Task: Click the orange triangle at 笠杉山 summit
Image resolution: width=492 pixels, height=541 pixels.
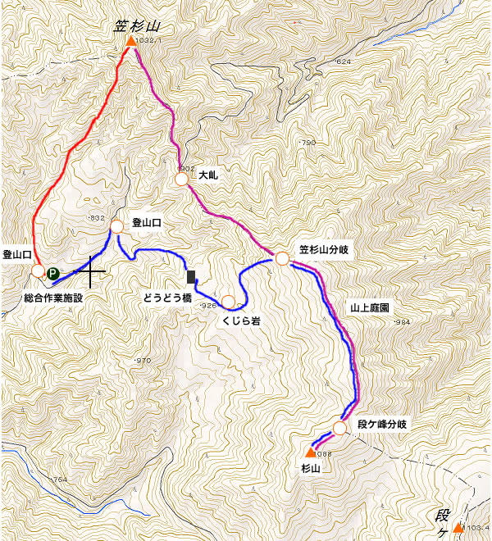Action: pos(130,42)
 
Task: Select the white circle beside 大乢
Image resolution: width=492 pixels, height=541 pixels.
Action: pos(182,178)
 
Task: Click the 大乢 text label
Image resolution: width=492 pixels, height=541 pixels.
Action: pos(206,175)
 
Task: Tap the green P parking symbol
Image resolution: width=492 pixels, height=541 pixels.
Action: pos(52,274)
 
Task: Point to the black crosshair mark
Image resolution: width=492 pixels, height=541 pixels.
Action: pos(91,270)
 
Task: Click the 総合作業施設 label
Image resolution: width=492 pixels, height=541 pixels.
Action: pos(54,297)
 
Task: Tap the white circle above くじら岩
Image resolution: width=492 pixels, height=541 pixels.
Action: pos(229,301)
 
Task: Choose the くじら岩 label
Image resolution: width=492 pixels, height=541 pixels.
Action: pos(240,322)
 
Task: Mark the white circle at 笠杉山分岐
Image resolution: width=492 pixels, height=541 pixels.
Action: pos(282,259)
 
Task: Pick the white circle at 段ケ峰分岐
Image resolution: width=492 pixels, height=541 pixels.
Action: pos(340,428)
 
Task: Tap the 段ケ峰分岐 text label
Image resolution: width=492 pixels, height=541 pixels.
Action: pos(383,425)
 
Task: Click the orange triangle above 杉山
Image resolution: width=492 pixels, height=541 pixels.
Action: pos(311,452)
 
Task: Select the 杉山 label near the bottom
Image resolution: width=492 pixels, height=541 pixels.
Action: pos(309,469)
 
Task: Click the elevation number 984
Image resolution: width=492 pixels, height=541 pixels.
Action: pos(401,322)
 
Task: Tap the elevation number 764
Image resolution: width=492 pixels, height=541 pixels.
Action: pos(59,480)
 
